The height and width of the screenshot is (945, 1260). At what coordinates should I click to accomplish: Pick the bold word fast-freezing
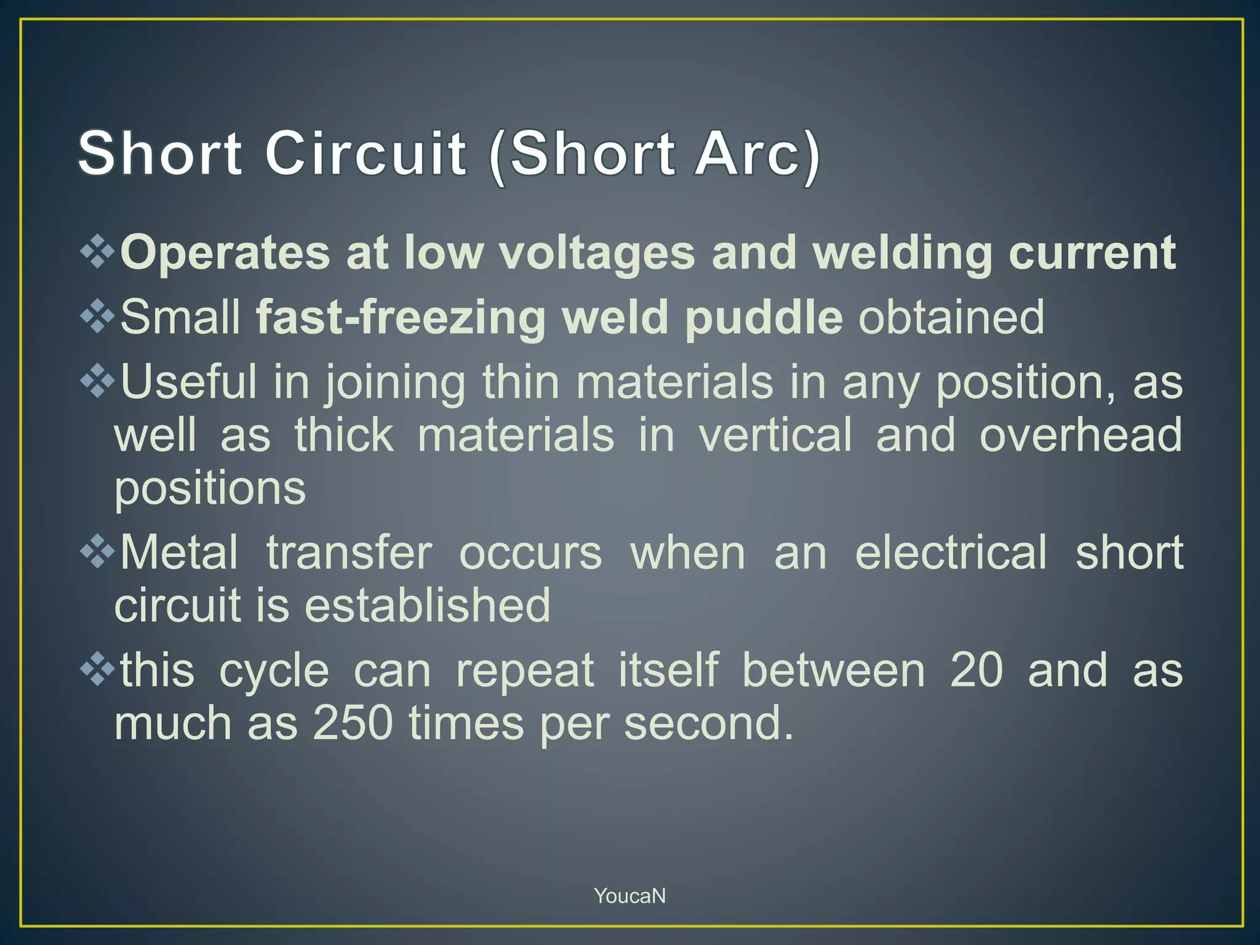coord(401,317)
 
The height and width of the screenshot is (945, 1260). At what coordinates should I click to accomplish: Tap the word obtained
coord(951,317)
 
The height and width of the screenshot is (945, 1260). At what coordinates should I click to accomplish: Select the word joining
coord(395,383)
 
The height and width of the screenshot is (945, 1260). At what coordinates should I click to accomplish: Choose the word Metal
coord(179,552)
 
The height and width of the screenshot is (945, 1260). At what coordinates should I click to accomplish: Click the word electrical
coord(951,552)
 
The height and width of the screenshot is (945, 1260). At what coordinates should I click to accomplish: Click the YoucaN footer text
coord(629,896)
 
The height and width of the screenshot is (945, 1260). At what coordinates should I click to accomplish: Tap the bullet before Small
coord(98,317)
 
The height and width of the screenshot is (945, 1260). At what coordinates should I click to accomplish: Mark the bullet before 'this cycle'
coord(98,671)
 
